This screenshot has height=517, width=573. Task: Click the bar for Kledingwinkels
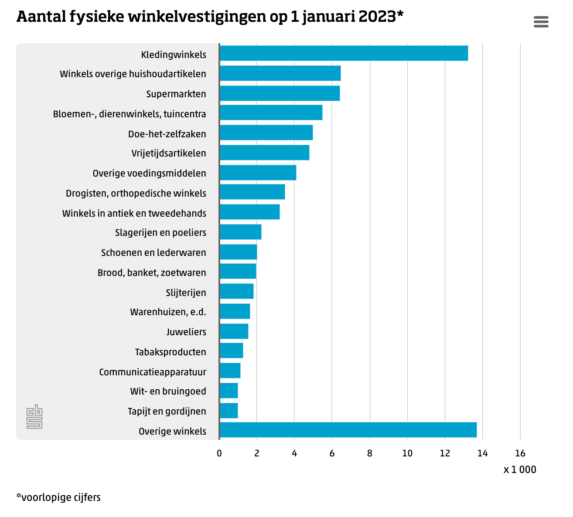344,53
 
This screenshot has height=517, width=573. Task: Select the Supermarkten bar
280,93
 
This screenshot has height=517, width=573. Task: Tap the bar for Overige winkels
348,430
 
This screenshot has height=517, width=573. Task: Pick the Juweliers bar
234,331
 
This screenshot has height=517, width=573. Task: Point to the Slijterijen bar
237,291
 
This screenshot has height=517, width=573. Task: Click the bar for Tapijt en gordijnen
229,411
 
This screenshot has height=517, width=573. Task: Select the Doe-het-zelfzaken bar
266,133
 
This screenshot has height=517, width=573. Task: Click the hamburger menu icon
541,22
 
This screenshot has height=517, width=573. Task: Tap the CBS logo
34,417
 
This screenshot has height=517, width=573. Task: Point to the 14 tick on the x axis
482,453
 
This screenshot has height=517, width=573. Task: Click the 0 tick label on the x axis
219,453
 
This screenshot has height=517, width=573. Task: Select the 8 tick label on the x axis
370,453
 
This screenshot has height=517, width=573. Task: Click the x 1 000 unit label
520,469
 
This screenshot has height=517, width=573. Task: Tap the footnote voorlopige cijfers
58,497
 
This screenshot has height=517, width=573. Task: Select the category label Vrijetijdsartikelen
168,153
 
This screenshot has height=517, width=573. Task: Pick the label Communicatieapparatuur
153,372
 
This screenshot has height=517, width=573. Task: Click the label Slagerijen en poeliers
160,233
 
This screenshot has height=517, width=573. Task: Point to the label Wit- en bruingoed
168,391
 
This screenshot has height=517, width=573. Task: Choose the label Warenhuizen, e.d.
168,312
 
